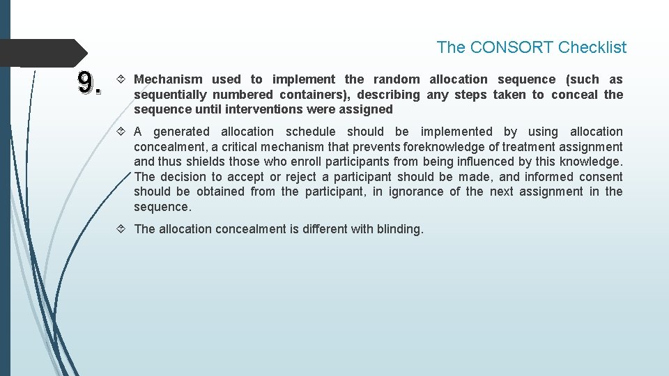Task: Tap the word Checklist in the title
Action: click(592, 47)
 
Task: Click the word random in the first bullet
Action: click(397, 79)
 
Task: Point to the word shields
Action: click(202, 162)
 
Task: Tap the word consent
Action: click(600, 177)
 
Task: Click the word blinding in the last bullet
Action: click(399, 229)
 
